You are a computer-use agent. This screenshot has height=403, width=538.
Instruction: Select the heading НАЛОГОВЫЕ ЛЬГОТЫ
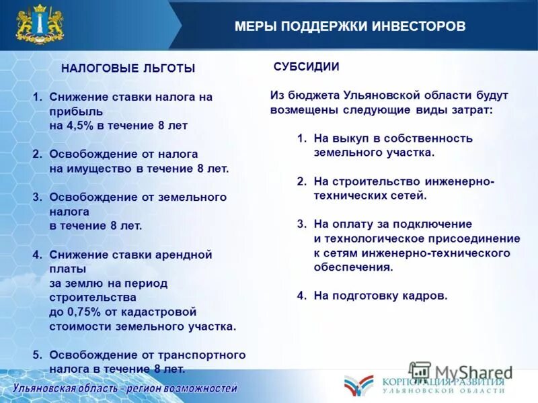pos(128,68)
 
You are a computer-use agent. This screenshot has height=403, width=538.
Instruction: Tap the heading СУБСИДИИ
pos(306,66)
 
